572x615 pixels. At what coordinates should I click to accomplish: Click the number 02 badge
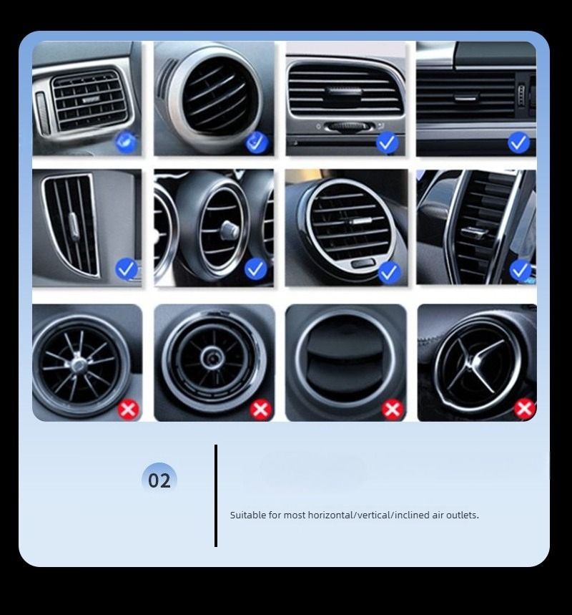159,480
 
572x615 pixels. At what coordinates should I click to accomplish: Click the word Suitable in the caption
247,515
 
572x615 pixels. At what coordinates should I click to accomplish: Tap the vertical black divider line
216,495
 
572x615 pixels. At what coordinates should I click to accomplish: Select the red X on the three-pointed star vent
525,409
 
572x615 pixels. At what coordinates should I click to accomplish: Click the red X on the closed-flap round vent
393,410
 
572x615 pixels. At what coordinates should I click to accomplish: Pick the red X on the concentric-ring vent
260,410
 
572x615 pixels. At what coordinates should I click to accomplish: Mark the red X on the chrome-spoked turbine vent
129,410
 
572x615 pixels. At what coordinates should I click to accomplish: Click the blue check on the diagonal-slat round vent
256,142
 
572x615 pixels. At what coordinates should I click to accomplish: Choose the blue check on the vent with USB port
518,142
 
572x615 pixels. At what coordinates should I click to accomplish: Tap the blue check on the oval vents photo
255,268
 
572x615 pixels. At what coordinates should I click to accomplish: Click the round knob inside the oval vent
228,230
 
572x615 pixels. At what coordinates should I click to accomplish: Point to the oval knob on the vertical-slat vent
73,226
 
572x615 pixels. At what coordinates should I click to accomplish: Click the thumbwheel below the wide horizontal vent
347,126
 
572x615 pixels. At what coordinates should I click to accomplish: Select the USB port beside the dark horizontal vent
522,95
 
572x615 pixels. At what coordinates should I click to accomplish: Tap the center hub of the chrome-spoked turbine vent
79,365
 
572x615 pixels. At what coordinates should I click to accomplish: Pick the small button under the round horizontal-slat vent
363,263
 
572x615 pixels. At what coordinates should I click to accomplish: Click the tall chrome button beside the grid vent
41,112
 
